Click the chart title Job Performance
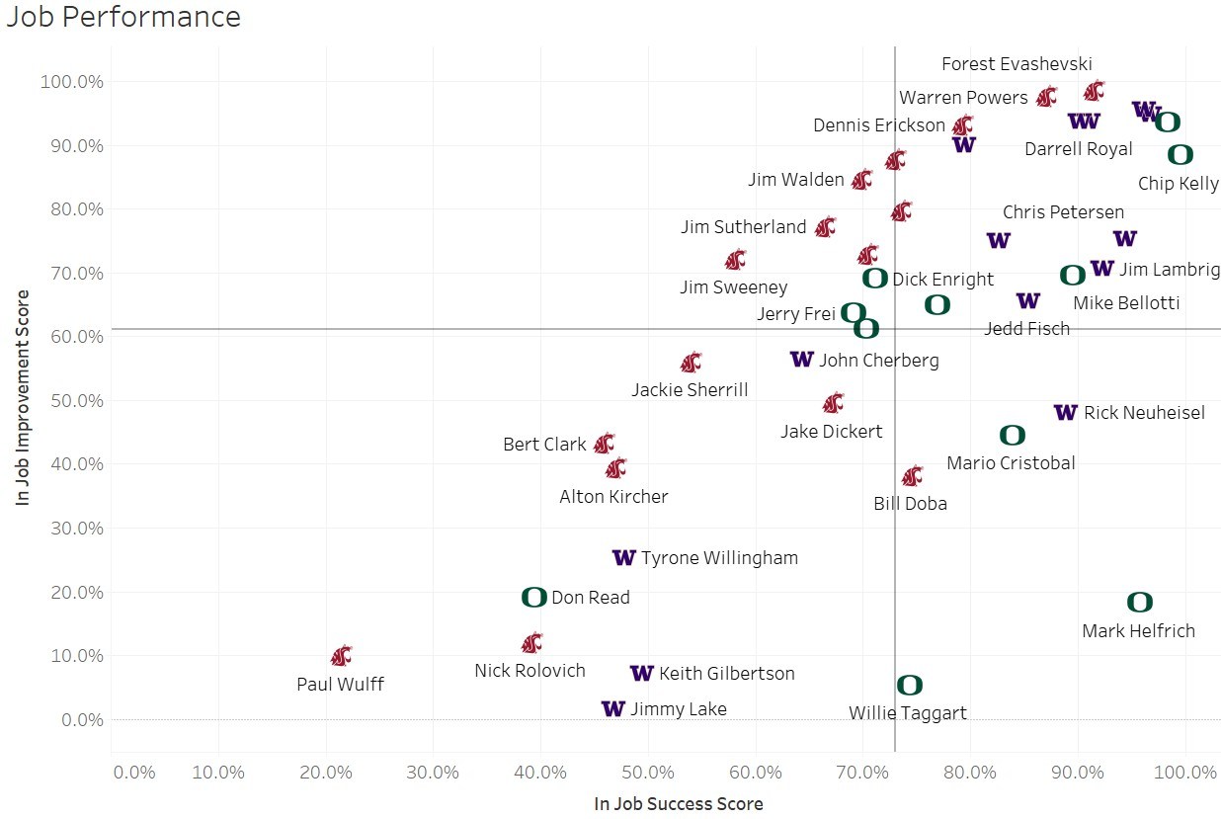coord(123,17)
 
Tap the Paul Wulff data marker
coord(341,655)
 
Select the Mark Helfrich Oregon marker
coord(1139,602)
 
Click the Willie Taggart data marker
coord(909,685)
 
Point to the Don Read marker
coord(533,597)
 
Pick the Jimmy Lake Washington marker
coord(612,708)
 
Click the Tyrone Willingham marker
coord(623,557)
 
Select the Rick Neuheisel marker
coord(1065,412)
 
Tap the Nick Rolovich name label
coord(529,671)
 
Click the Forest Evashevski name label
coord(1017,64)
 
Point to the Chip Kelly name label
coord(1179,184)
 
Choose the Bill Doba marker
coord(912,476)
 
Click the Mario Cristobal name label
coord(1011,462)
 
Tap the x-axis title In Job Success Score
coord(678,804)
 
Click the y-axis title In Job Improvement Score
coord(24,397)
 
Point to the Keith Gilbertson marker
coord(641,673)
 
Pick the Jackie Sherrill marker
coord(691,362)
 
